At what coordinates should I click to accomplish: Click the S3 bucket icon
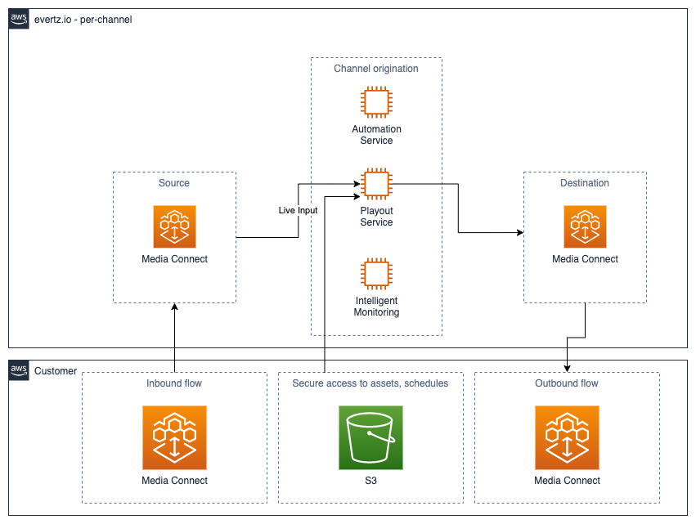[x=370, y=438]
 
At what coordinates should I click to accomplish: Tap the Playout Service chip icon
[x=376, y=185]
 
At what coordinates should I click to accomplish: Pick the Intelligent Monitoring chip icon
[x=376, y=275]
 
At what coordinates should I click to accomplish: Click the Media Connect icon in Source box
[x=174, y=226]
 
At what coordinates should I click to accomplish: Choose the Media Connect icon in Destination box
[x=585, y=226]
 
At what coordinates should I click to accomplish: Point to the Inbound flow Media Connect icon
[x=174, y=438]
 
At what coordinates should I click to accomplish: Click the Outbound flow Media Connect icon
[x=567, y=438]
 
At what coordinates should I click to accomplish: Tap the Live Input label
[x=298, y=211]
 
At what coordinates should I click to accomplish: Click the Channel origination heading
[x=376, y=69]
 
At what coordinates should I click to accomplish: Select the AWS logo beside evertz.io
[x=19, y=20]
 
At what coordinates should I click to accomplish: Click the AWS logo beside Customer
[x=19, y=370]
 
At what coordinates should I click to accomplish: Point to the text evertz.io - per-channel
[x=83, y=20]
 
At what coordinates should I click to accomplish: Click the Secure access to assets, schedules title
[x=370, y=383]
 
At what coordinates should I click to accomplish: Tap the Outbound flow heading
[x=567, y=383]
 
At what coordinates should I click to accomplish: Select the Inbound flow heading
[x=174, y=383]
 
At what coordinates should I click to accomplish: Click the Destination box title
[x=585, y=183]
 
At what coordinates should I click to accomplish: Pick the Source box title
[x=174, y=183]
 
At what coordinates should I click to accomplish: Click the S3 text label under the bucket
[x=370, y=481]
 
